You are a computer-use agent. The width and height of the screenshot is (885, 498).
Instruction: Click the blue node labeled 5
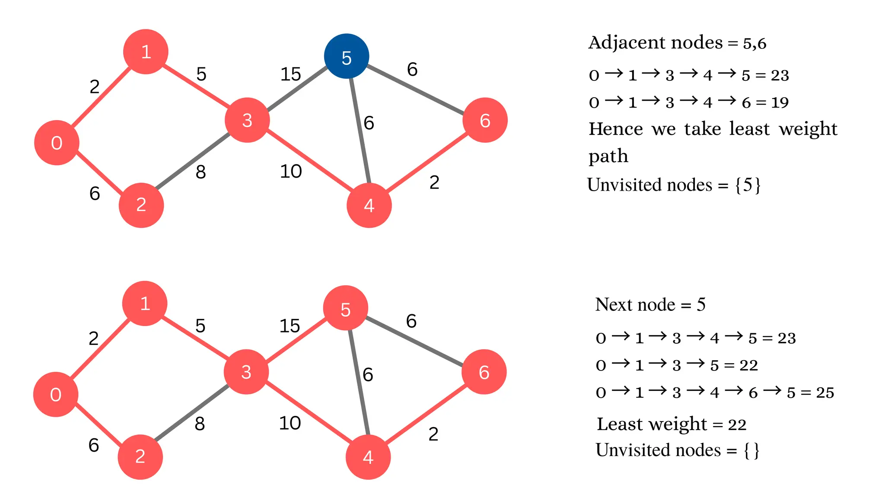pos(346,56)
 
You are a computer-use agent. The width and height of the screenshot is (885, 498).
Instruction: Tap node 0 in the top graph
pos(57,143)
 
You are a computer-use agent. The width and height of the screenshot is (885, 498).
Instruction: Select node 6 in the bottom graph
pos(484,372)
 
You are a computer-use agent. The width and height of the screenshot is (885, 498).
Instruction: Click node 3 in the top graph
pos(247,120)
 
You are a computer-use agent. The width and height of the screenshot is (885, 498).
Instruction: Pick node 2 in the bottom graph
pos(140,456)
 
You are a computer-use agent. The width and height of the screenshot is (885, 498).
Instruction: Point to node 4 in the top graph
pos(369,205)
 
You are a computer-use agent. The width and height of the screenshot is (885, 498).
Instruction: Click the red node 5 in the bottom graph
pos(345,308)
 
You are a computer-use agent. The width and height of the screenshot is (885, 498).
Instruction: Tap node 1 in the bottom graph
pos(145,303)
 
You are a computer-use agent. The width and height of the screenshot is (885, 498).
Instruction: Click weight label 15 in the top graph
pos(290,74)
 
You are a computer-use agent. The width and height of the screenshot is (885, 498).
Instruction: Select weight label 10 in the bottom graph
pos(290,423)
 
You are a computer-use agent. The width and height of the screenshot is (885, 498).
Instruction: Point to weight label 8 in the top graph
pos(201,172)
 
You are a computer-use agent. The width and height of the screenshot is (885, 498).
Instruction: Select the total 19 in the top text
pos(780,102)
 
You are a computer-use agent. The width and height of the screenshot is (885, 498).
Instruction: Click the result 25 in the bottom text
pos(825,393)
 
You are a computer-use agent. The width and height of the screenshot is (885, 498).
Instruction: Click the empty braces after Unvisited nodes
pos(751,450)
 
